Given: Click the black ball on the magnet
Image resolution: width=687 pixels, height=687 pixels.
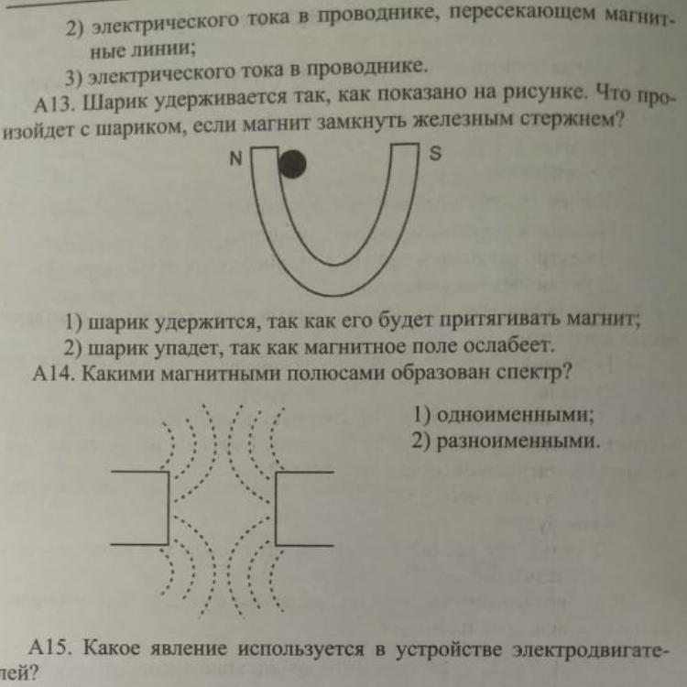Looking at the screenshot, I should pyautogui.click(x=292, y=165).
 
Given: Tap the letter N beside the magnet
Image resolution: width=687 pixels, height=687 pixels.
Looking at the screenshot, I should pyautogui.click(x=236, y=158).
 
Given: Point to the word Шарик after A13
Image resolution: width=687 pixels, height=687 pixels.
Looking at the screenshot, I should pyautogui.click(x=116, y=101).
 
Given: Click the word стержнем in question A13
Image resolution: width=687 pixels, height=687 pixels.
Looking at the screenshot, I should pyautogui.click(x=553, y=122).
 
